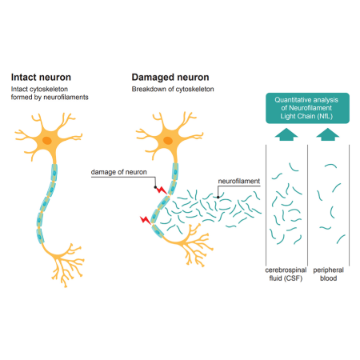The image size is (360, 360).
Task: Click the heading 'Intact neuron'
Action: click(x=46, y=77)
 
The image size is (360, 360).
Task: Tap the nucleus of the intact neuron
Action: click(x=48, y=141)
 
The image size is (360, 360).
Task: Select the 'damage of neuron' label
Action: click(x=119, y=173)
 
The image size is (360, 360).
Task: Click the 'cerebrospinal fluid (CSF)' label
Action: click(x=284, y=275)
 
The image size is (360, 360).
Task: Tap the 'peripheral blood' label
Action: click(x=328, y=275)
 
